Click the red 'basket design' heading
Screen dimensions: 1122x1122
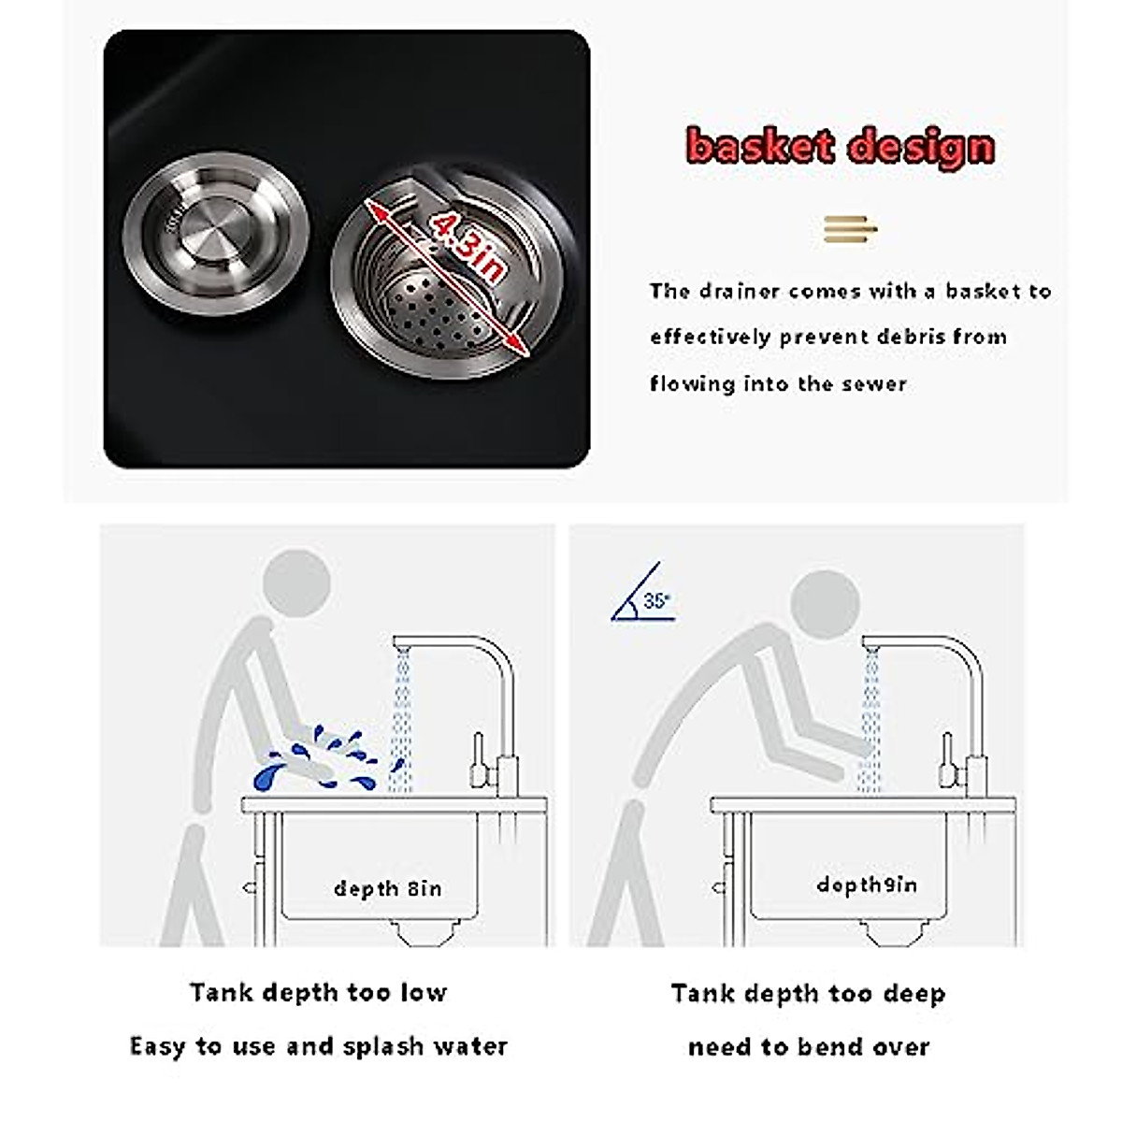tap(839, 147)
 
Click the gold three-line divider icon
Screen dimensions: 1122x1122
tap(849, 228)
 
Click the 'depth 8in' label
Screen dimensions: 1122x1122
tap(387, 888)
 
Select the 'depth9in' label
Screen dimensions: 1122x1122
tap(867, 885)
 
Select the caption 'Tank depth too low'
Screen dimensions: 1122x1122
tap(318, 992)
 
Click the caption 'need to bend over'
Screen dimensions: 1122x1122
tap(809, 1046)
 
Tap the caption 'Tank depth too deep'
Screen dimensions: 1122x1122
tap(808, 993)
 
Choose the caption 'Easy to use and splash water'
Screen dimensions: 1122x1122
tap(318, 1045)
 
